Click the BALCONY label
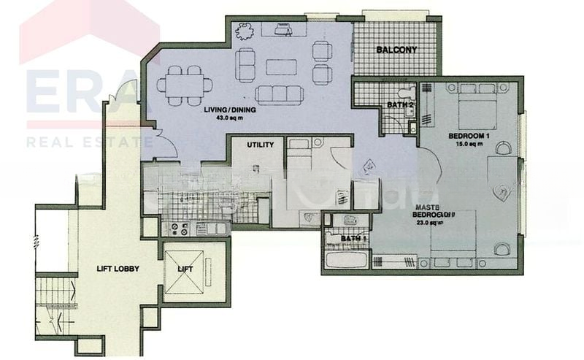click(x=396, y=50)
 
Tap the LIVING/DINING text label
click(x=226, y=110)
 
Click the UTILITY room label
click(x=260, y=145)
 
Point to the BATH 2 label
click(x=400, y=105)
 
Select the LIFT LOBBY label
click(x=118, y=269)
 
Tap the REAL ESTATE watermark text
click(x=88, y=141)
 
